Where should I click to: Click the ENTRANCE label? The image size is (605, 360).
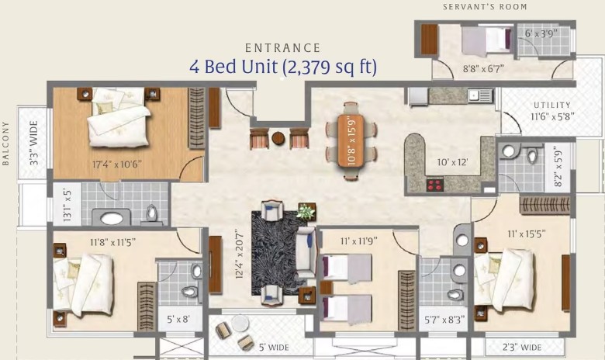[x=283, y=48]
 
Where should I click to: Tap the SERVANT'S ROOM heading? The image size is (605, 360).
[x=485, y=6]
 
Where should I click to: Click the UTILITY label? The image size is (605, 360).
[x=552, y=105]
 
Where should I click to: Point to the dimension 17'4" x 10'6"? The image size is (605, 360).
[x=117, y=164]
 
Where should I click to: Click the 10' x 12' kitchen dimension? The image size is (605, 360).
[x=452, y=162]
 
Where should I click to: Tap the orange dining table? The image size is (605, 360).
[x=351, y=140]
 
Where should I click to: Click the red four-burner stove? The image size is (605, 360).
[x=434, y=185]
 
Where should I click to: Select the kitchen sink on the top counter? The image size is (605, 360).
[x=480, y=95]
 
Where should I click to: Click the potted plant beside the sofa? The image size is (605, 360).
[x=306, y=212]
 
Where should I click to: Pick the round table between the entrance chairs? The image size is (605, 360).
[x=278, y=138]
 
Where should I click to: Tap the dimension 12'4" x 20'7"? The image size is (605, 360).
[x=240, y=254]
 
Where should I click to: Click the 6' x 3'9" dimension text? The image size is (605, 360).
[x=541, y=33]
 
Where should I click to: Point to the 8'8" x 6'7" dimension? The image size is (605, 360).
[x=483, y=69]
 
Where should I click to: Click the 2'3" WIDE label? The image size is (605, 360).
[x=522, y=348]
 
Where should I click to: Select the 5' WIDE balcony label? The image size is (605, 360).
[x=274, y=348]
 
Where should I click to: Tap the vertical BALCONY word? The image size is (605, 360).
[x=5, y=144]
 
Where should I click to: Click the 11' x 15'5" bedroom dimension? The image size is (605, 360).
[x=527, y=234]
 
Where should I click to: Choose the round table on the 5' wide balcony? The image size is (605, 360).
[x=240, y=323]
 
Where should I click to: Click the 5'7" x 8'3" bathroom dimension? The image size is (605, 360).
[x=444, y=320]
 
